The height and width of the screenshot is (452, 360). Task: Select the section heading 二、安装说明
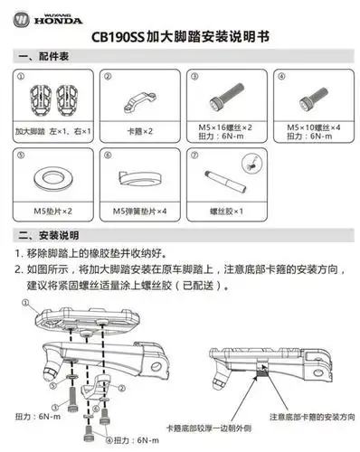click(x=46, y=237)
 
